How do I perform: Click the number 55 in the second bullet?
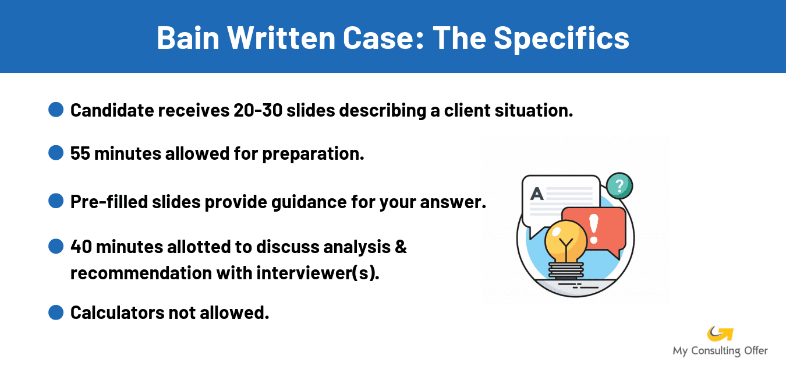(x=80, y=154)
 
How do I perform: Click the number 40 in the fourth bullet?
(x=81, y=247)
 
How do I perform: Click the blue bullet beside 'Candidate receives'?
(x=56, y=110)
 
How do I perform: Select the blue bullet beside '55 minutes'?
(x=56, y=153)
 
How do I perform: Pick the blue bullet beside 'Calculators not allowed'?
(x=56, y=313)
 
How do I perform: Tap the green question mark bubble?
(x=619, y=186)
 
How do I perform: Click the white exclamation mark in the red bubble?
(x=594, y=228)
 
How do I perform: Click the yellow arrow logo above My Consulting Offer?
(x=720, y=334)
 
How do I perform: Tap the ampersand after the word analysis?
(x=401, y=247)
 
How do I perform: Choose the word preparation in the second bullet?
(x=313, y=154)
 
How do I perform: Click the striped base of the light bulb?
(x=565, y=270)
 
